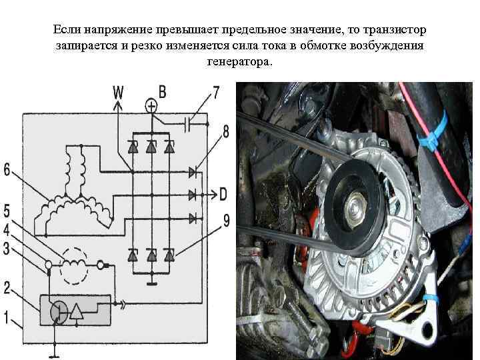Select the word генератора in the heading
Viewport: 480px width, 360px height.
239,61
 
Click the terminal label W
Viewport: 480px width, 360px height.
117,91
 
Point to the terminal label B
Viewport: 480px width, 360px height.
162,91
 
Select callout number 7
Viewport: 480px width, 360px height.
215,92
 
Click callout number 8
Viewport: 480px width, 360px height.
225,132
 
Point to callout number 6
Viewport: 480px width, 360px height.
7,170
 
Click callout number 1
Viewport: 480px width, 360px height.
7,318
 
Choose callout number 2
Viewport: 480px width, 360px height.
7,288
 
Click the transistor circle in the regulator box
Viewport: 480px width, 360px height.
60,310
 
